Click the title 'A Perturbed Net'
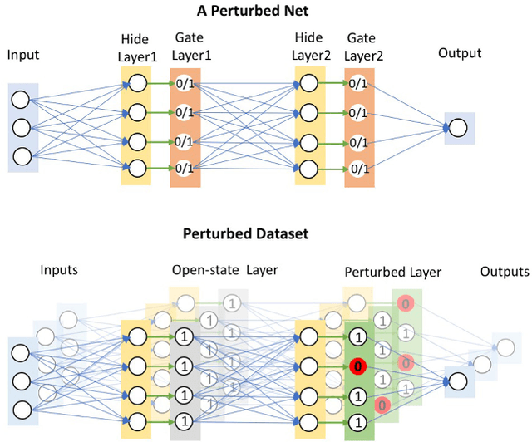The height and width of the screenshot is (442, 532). pyautogui.click(x=265, y=12)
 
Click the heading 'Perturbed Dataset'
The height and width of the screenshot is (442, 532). pyautogui.click(x=245, y=233)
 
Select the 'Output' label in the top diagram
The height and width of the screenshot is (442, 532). pyautogui.click(x=460, y=53)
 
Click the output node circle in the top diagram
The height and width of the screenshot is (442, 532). pyautogui.click(x=459, y=128)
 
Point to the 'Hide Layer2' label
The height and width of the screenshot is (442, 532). pyautogui.click(x=311, y=47)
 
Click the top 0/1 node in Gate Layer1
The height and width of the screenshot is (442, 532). pyautogui.click(x=186, y=83)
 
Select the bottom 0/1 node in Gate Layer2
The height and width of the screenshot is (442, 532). pyautogui.click(x=359, y=169)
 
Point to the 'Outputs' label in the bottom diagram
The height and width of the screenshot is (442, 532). pyautogui.click(x=504, y=272)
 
